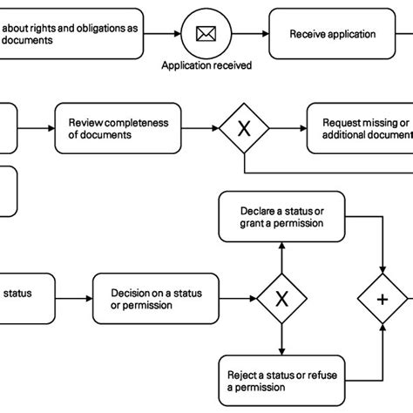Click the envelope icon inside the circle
pyautogui.click(x=206, y=35)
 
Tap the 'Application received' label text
pyautogui.click(x=206, y=65)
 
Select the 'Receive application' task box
pyautogui.click(x=332, y=35)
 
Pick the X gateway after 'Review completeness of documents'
pyautogui.click(x=243, y=128)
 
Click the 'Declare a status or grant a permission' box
pyautogui.click(x=281, y=217)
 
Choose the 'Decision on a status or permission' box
pyautogui.click(x=156, y=299)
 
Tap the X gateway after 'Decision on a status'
pyautogui.click(x=281, y=299)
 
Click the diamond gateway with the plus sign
pyautogui.click(x=383, y=299)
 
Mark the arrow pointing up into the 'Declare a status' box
pyautogui.click(x=281, y=253)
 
